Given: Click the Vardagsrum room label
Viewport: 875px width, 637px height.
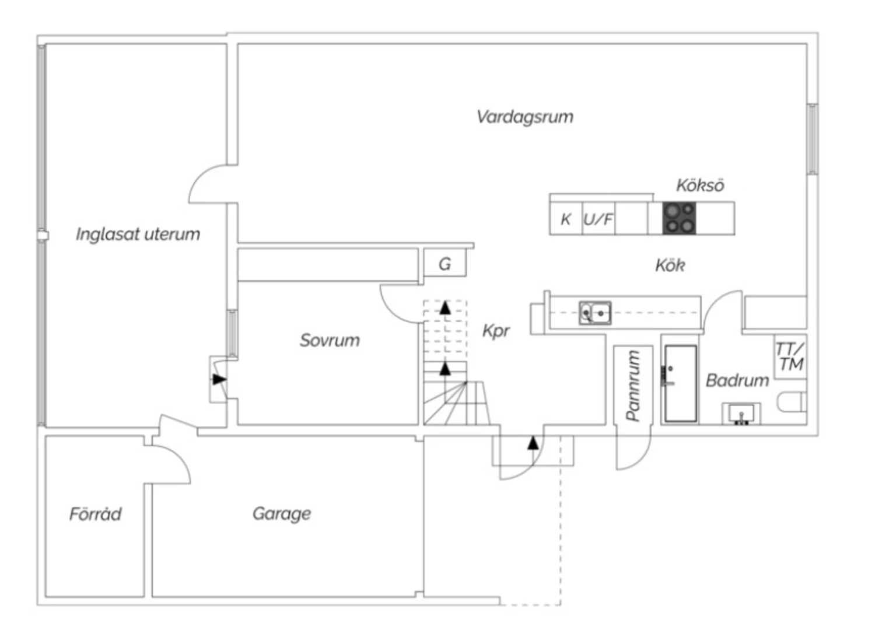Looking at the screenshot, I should [x=524, y=117].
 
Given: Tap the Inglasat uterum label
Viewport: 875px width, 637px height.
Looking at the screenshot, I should [x=138, y=235].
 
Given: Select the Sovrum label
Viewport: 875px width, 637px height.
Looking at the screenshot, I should [x=330, y=340].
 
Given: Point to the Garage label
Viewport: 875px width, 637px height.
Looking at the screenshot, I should [x=282, y=513].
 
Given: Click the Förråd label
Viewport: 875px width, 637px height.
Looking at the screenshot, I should [x=96, y=514].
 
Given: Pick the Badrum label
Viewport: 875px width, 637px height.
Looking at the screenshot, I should [x=737, y=380].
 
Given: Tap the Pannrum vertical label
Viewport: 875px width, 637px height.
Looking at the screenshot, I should [x=633, y=384].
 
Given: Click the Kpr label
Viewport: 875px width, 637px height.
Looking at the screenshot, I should [x=496, y=331].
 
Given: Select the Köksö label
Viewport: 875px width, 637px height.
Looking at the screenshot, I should [x=700, y=185].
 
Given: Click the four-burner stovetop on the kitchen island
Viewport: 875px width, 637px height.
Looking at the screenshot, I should [x=680, y=218].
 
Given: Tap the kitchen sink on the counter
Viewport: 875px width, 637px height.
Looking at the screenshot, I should [x=595, y=313].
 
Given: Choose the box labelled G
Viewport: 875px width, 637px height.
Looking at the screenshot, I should [x=444, y=264].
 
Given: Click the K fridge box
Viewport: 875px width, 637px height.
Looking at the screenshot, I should [x=565, y=219].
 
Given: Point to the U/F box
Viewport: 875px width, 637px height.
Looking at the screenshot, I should [x=598, y=219].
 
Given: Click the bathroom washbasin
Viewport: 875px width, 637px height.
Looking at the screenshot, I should [x=741, y=414].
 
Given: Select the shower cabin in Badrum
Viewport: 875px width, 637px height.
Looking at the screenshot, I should [x=681, y=383].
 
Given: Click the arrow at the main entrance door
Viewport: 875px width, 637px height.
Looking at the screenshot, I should [x=533, y=443].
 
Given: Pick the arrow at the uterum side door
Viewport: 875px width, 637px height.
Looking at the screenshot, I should [x=219, y=380].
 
